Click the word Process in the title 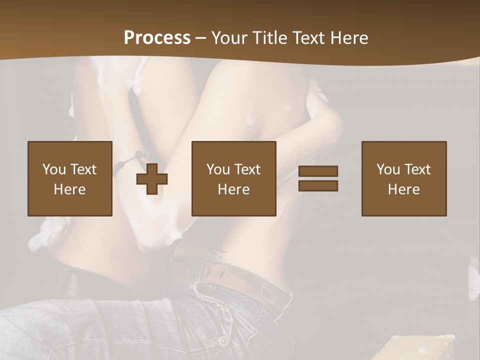coord(157,38)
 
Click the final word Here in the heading coord(349,38)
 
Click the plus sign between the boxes coord(152,178)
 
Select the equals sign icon coord(318,178)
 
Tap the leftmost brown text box coord(70,178)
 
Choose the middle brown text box coord(234,178)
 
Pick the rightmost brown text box coord(404,178)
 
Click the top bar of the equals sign coord(318,171)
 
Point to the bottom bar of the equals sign coord(318,185)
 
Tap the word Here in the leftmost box coord(70,189)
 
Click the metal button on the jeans coord(222,340)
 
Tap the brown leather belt coord(220,272)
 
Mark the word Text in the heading coord(307,38)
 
